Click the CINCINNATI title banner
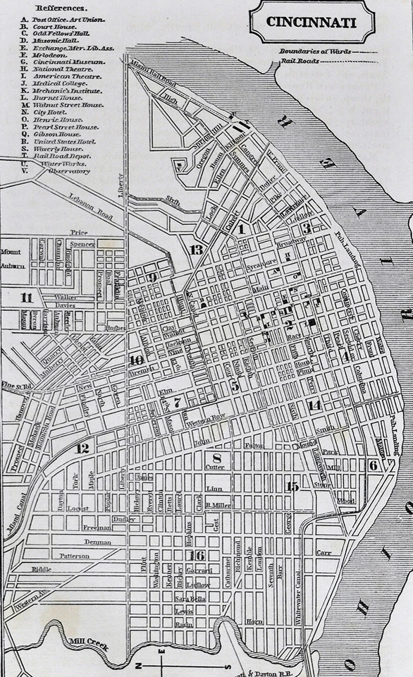[311, 22]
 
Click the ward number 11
[27, 297]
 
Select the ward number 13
[196, 250]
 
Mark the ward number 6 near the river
[373, 465]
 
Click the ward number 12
[83, 449]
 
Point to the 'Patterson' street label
[75, 556]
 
